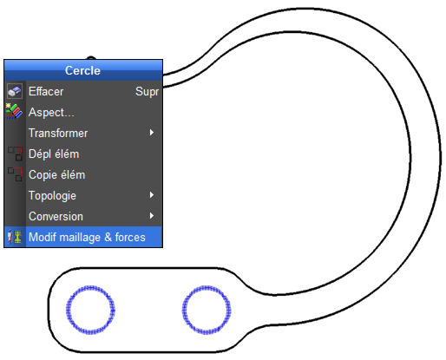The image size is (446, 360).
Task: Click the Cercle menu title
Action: click(82, 70)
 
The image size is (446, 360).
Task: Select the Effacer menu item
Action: click(46, 91)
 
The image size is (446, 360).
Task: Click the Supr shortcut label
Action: click(147, 92)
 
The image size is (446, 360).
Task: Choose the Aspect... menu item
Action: click(51, 112)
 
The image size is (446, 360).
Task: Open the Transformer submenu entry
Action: click(58, 133)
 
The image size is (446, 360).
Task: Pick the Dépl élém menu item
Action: click(54, 154)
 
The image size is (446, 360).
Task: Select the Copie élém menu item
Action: click(57, 174)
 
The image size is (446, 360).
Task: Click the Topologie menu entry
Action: click(52, 196)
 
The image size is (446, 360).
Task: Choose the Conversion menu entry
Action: click(56, 216)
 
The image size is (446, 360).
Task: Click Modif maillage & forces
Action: click(87, 237)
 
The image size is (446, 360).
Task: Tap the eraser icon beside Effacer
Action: click(15, 91)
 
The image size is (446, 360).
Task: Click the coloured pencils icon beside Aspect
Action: click(14, 111)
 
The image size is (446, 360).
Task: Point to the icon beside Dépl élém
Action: click(15, 154)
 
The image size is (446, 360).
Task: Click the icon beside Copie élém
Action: click(15, 174)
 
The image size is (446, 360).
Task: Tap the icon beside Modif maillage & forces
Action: click(15, 237)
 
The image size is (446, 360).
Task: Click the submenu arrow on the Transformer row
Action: click(152, 133)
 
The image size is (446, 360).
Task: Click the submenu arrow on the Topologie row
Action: click(152, 195)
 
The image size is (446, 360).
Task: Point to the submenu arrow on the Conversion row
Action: click(152, 216)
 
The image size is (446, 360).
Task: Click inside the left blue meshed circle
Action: click(90, 310)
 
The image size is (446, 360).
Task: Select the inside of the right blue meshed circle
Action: click(207, 310)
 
